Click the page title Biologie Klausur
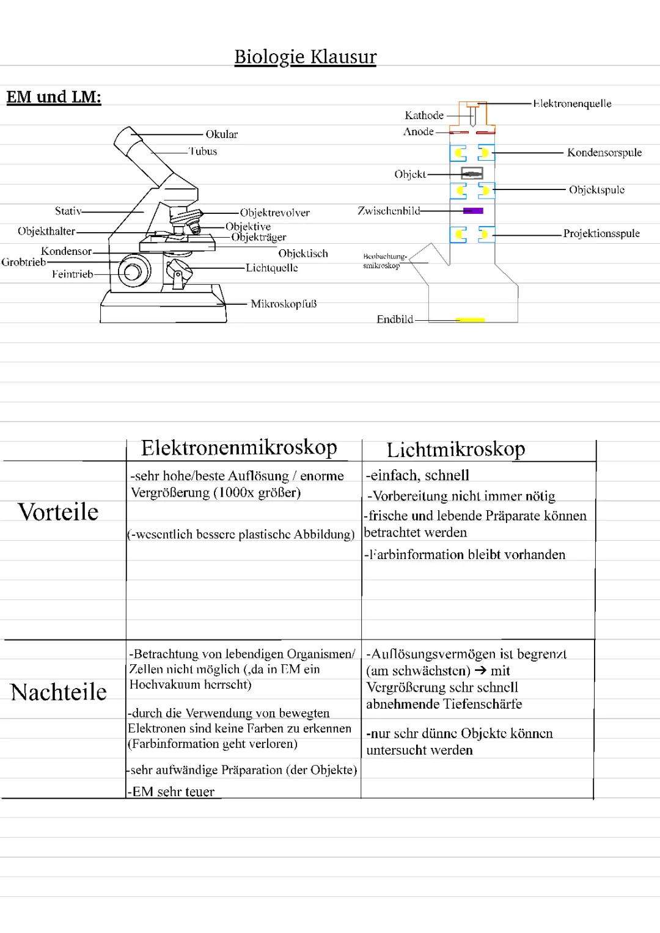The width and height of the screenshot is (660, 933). tap(305, 57)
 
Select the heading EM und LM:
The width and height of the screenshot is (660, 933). tap(54, 97)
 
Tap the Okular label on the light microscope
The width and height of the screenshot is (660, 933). tap(221, 134)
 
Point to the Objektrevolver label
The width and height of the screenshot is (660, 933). tap(274, 213)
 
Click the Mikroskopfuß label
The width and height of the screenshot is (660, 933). tap(284, 304)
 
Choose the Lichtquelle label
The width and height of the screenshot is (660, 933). tap(271, 268)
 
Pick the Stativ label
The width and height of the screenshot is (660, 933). tap(68, 211)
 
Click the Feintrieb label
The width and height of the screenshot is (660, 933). tap(72, 274)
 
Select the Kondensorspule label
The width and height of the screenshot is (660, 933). tap(604, 153)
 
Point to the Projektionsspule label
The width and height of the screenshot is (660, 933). tap(601, 233)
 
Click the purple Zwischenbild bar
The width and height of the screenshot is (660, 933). tap(472, 211)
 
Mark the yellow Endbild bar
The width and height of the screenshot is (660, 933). tap(471, 320)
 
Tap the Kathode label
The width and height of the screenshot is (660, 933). tap(424, 115)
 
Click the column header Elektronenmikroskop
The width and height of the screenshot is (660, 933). tap(239, 448)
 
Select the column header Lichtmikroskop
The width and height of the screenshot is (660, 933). tap(455, 450)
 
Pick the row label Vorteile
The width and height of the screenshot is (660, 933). tap(58, 512)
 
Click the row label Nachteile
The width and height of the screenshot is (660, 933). tap(59, 692)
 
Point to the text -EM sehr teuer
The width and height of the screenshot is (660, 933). tap(172, 792)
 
